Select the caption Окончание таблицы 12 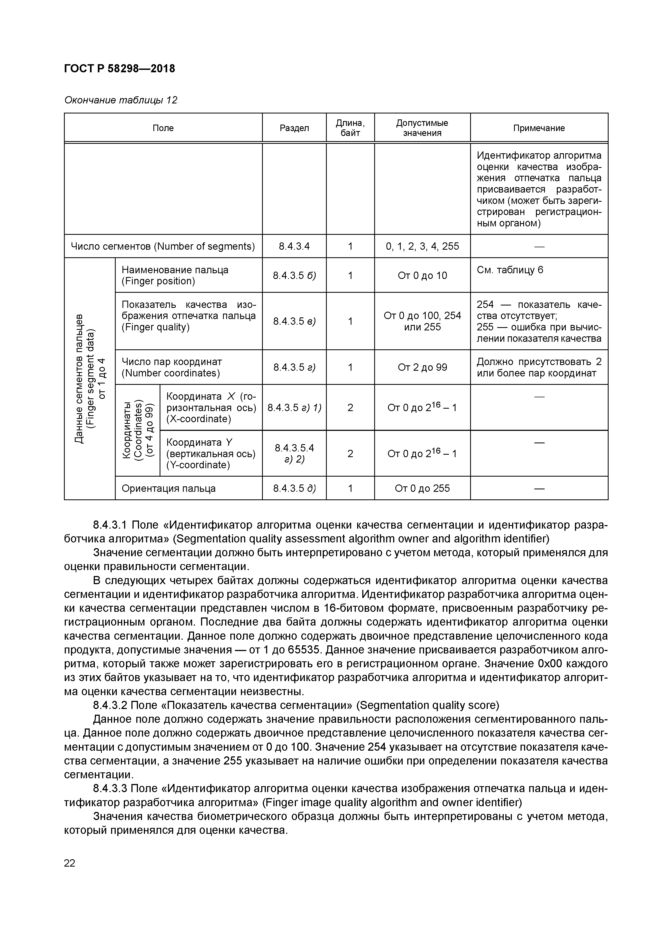coord(121,100)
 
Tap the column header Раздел coord(294,128)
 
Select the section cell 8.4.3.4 coord(294,246)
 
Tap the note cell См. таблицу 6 coord(510,270)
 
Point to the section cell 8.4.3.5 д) coord(294,488)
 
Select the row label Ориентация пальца coord(169,488)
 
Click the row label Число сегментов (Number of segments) coord(163,246)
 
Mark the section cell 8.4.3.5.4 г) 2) coord(294,454)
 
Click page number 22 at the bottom coord(70,863)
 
